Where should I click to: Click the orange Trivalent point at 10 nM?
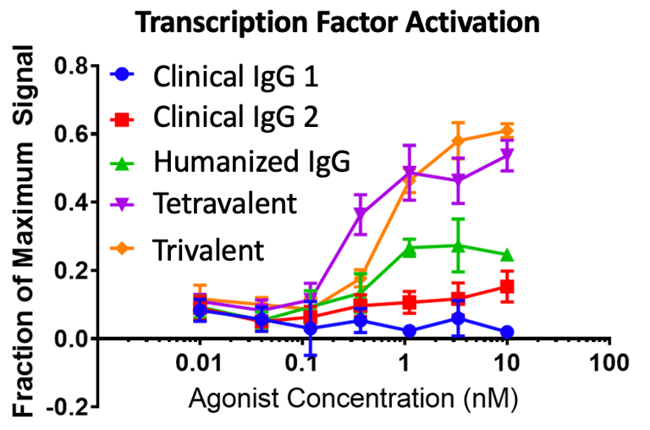point(507,130)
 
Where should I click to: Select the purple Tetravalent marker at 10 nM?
point(507,156)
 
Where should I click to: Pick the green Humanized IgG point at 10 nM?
point(507,256)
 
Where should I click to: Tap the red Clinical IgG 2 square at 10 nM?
point(507,287)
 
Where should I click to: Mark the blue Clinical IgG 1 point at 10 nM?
point(507,332)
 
